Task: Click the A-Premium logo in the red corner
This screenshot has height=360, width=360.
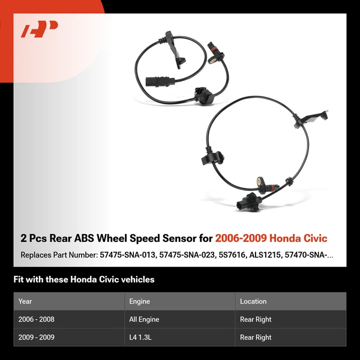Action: click(39, 29)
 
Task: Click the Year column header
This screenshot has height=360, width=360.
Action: click(25, 301)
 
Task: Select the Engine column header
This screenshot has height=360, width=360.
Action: click(139, 301)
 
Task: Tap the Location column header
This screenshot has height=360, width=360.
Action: click(253, 301)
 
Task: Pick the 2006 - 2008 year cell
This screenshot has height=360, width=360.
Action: click(37, 320)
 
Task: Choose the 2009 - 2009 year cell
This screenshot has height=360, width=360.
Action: click(37, 338)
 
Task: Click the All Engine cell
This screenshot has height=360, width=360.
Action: click(144, 320)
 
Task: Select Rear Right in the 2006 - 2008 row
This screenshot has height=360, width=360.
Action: click(256, 320)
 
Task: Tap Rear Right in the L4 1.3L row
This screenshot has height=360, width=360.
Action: click(256, 338)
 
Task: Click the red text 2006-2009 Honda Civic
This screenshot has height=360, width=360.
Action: click(271, 239)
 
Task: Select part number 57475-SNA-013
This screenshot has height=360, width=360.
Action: click(128, 255)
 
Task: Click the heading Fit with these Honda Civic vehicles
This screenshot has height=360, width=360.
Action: click(84, 280)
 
